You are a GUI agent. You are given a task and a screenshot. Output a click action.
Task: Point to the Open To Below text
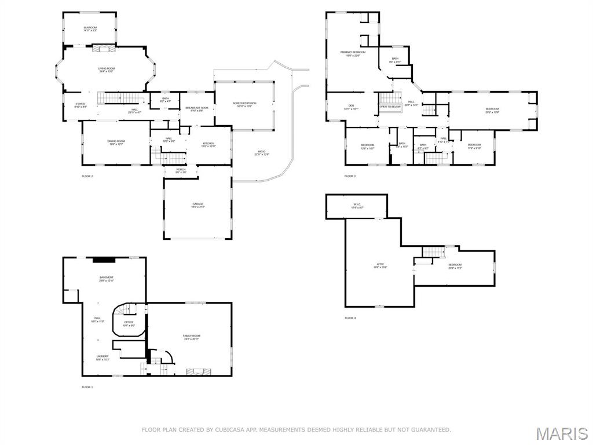click(x=390, y=107)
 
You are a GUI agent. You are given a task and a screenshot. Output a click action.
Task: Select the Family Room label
click(x=192, y=337)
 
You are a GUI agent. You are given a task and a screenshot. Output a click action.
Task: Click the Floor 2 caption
click(x=87, y=176)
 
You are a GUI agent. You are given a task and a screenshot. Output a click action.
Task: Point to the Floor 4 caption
click(x=350, y=318)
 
